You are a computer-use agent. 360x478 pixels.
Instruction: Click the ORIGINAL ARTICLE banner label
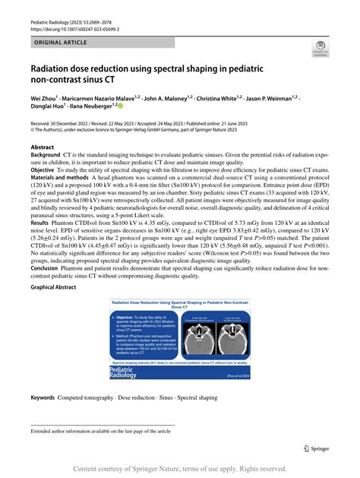point(60,45)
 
